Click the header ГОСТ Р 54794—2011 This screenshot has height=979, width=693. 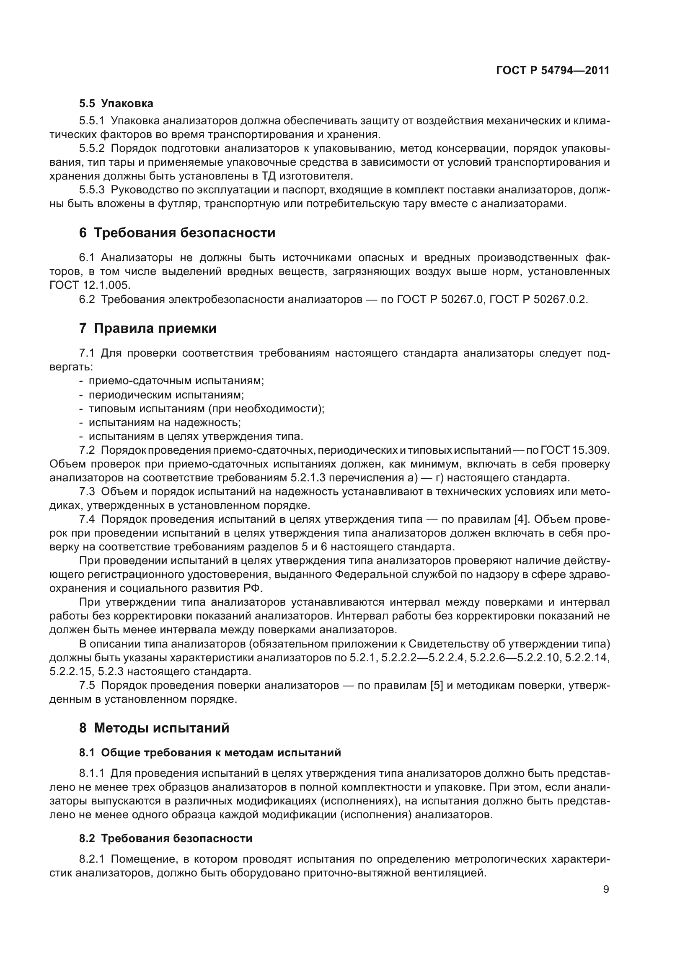pos(553,71)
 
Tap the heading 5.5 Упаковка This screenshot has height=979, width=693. pos(116,104)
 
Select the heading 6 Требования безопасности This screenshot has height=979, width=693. pos(177,233)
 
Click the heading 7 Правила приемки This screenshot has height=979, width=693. pos(147,328)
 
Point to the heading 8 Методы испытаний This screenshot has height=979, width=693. pos(154,728)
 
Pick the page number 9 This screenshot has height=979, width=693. pos(606,889)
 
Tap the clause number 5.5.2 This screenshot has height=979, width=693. pos(92,149)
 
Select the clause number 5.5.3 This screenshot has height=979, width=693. pos(92,190)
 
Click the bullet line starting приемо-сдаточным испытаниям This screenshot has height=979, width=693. pos(176,381)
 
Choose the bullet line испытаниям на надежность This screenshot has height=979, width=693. pos(164,423)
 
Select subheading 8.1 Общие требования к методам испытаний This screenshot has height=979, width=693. pos(210,753)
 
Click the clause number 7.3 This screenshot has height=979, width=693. pos(87,492)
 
